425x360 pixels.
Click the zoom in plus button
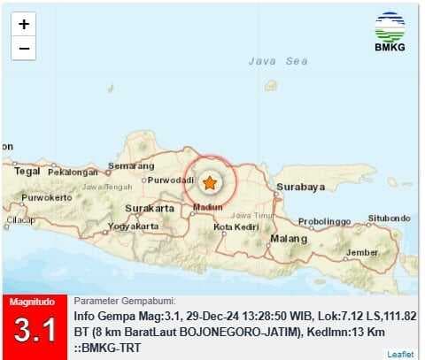[24, 25]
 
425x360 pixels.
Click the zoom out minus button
[24, 48]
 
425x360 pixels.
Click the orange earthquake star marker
[210, 183]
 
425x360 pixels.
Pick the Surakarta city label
[148, 209]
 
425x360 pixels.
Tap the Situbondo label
[390, 218]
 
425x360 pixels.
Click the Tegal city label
[27, 172]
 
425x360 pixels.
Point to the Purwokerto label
[46, 197]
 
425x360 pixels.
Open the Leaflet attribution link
[400, 354]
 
